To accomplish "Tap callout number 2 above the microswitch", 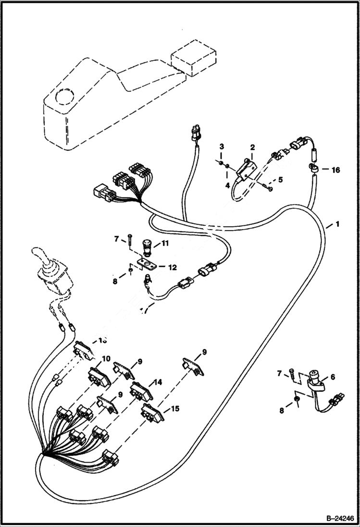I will tap(252, 147).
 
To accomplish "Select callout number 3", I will tap(222, 146).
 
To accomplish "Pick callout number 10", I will tap(106, 359).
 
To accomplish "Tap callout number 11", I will tap(164, 244).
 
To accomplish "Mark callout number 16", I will tap(335, 170).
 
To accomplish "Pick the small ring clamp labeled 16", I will tap(314, 168).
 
